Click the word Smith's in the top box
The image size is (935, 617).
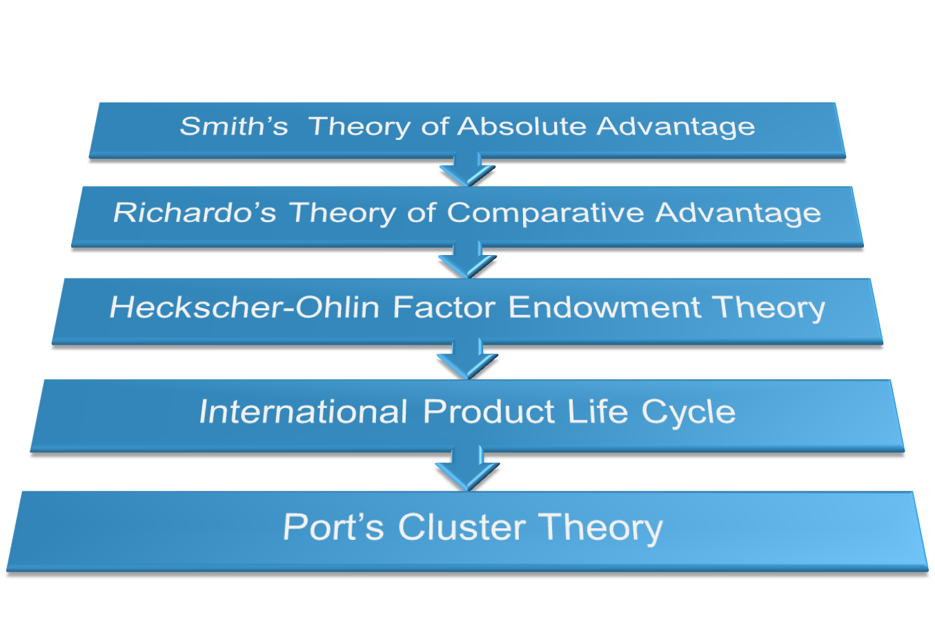click(x=233, y=127)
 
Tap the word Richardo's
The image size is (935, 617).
click(x=195, y=213)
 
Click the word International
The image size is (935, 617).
click(x=303, y=412)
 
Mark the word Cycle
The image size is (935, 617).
click(x=689, y=412)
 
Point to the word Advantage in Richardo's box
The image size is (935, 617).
click(x=738, y=213)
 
